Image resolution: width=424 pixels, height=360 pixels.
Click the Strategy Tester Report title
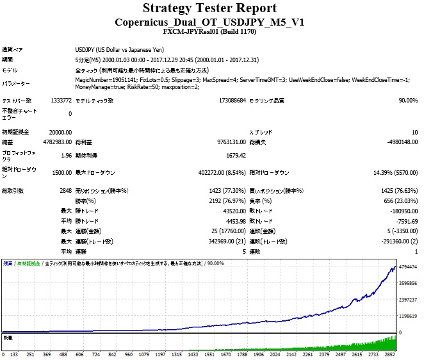209,8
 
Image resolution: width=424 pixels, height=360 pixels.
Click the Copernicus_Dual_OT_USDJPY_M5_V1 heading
209,22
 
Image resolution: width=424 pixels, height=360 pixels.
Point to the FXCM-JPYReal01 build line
209,31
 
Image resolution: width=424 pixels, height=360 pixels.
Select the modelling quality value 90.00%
407,101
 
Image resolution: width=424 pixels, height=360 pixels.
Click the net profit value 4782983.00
54,142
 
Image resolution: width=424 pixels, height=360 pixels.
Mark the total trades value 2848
64,191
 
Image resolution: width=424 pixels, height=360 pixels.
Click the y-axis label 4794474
407,266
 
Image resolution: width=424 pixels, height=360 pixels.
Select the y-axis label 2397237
407,299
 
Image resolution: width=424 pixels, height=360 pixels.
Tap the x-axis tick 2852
407,353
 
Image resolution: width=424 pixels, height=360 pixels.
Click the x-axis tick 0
4,353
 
